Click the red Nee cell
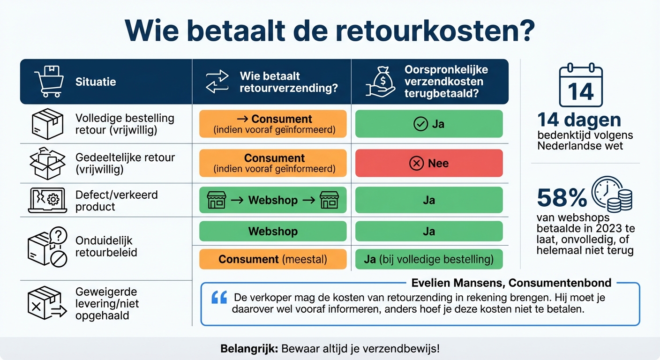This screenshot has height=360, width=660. [428, 163]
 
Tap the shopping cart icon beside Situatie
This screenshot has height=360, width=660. [48, 82]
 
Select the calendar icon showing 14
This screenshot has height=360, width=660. [581, 85]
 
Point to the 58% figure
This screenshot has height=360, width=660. [562, 198]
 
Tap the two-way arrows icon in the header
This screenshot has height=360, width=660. [217, 82]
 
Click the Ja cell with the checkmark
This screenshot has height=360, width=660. [428, 124]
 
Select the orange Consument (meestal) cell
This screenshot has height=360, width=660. [273, 259]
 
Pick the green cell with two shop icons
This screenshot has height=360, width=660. [273, 200]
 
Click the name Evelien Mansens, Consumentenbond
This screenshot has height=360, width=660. [511, 283]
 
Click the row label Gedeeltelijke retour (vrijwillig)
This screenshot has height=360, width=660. [125, 163]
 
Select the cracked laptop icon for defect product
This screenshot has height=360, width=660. [48, 201]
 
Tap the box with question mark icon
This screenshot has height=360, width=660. [48, 247]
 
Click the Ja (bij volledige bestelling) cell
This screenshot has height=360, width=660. [428, 259]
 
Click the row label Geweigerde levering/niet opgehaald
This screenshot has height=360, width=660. [107, 303]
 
